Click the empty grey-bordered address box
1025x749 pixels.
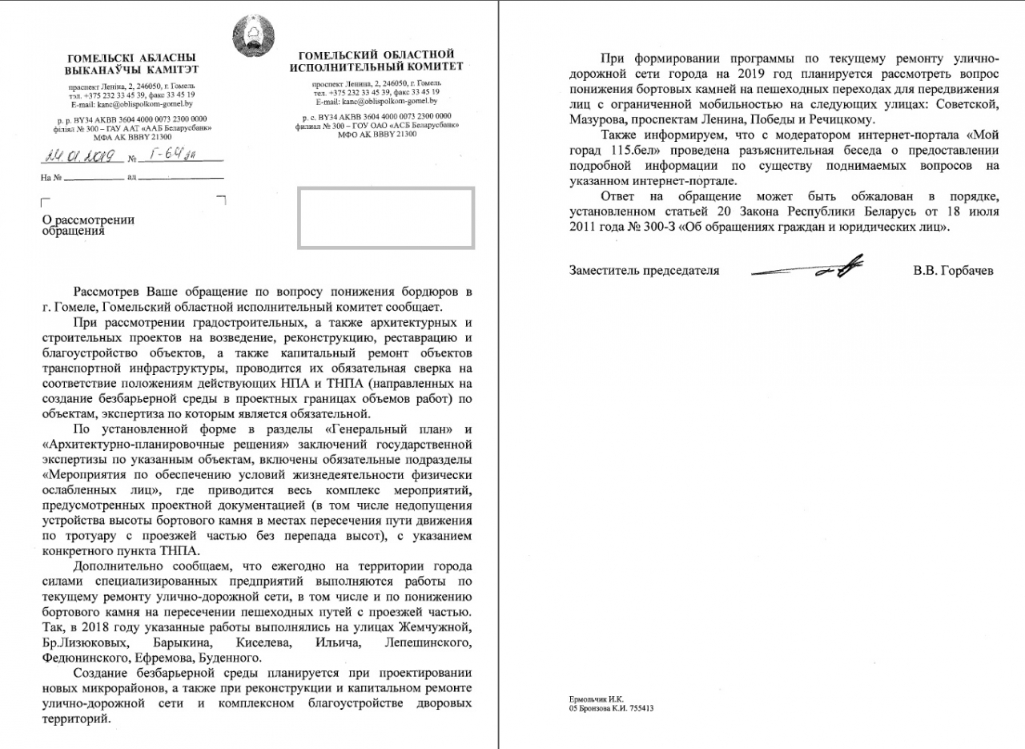click(387, 216)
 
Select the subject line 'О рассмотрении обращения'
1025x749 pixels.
click(88, 225)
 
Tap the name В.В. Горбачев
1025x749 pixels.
click(953, 271)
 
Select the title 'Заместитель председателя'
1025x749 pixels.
click(644, 271)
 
